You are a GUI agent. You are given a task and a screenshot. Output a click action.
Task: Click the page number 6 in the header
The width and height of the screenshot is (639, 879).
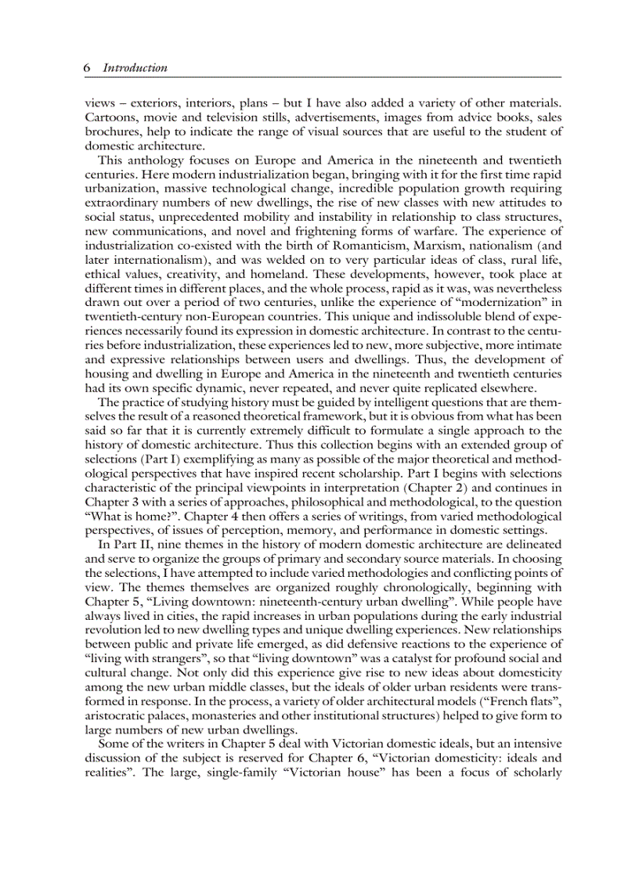87,68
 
